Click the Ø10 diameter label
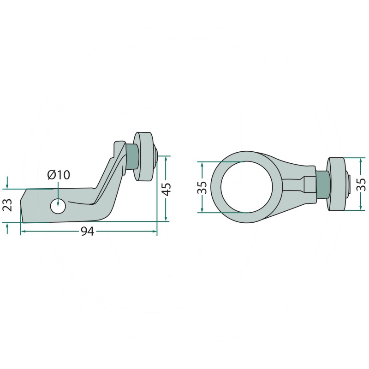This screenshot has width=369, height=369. coord(59,175)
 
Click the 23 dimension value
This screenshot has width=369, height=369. coord(7,205)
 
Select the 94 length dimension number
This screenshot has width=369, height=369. coord(88,232)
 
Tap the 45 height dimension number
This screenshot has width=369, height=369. coord(167,189)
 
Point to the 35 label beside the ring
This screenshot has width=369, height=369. coord(202,188)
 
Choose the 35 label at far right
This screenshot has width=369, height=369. coord(362,184)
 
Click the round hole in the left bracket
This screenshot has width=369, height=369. coord(58,206)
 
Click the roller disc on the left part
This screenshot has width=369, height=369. coord(143,157)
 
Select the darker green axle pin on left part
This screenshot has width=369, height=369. coord(132,156)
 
